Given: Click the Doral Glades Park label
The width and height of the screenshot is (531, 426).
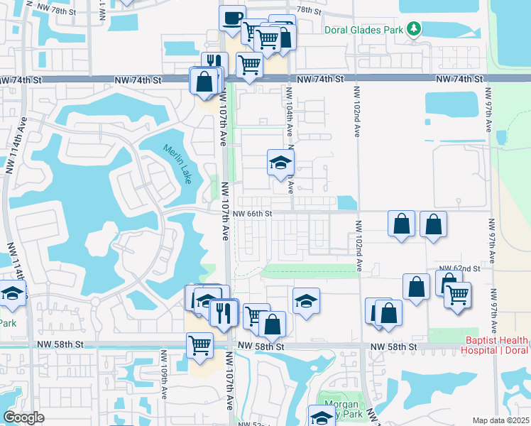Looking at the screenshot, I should pos(363,31).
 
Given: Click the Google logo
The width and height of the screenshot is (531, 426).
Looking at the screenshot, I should pos(23,417).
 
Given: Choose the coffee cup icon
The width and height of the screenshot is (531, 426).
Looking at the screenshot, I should pos(232,18).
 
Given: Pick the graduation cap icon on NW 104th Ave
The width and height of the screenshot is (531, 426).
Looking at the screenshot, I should pos(280,163).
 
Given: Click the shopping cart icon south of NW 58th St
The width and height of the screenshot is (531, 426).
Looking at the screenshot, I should pos(200,345).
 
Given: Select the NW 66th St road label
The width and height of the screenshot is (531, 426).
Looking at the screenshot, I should pos(252,214).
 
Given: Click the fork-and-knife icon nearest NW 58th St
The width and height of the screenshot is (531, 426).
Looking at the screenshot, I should pos(223,312).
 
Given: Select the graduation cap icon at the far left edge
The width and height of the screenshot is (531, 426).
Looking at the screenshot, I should pos(11,293).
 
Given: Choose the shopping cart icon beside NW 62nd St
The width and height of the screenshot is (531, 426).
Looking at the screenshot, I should pos(458,293).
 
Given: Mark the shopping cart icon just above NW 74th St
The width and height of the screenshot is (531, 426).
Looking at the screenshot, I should pos(249,66).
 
